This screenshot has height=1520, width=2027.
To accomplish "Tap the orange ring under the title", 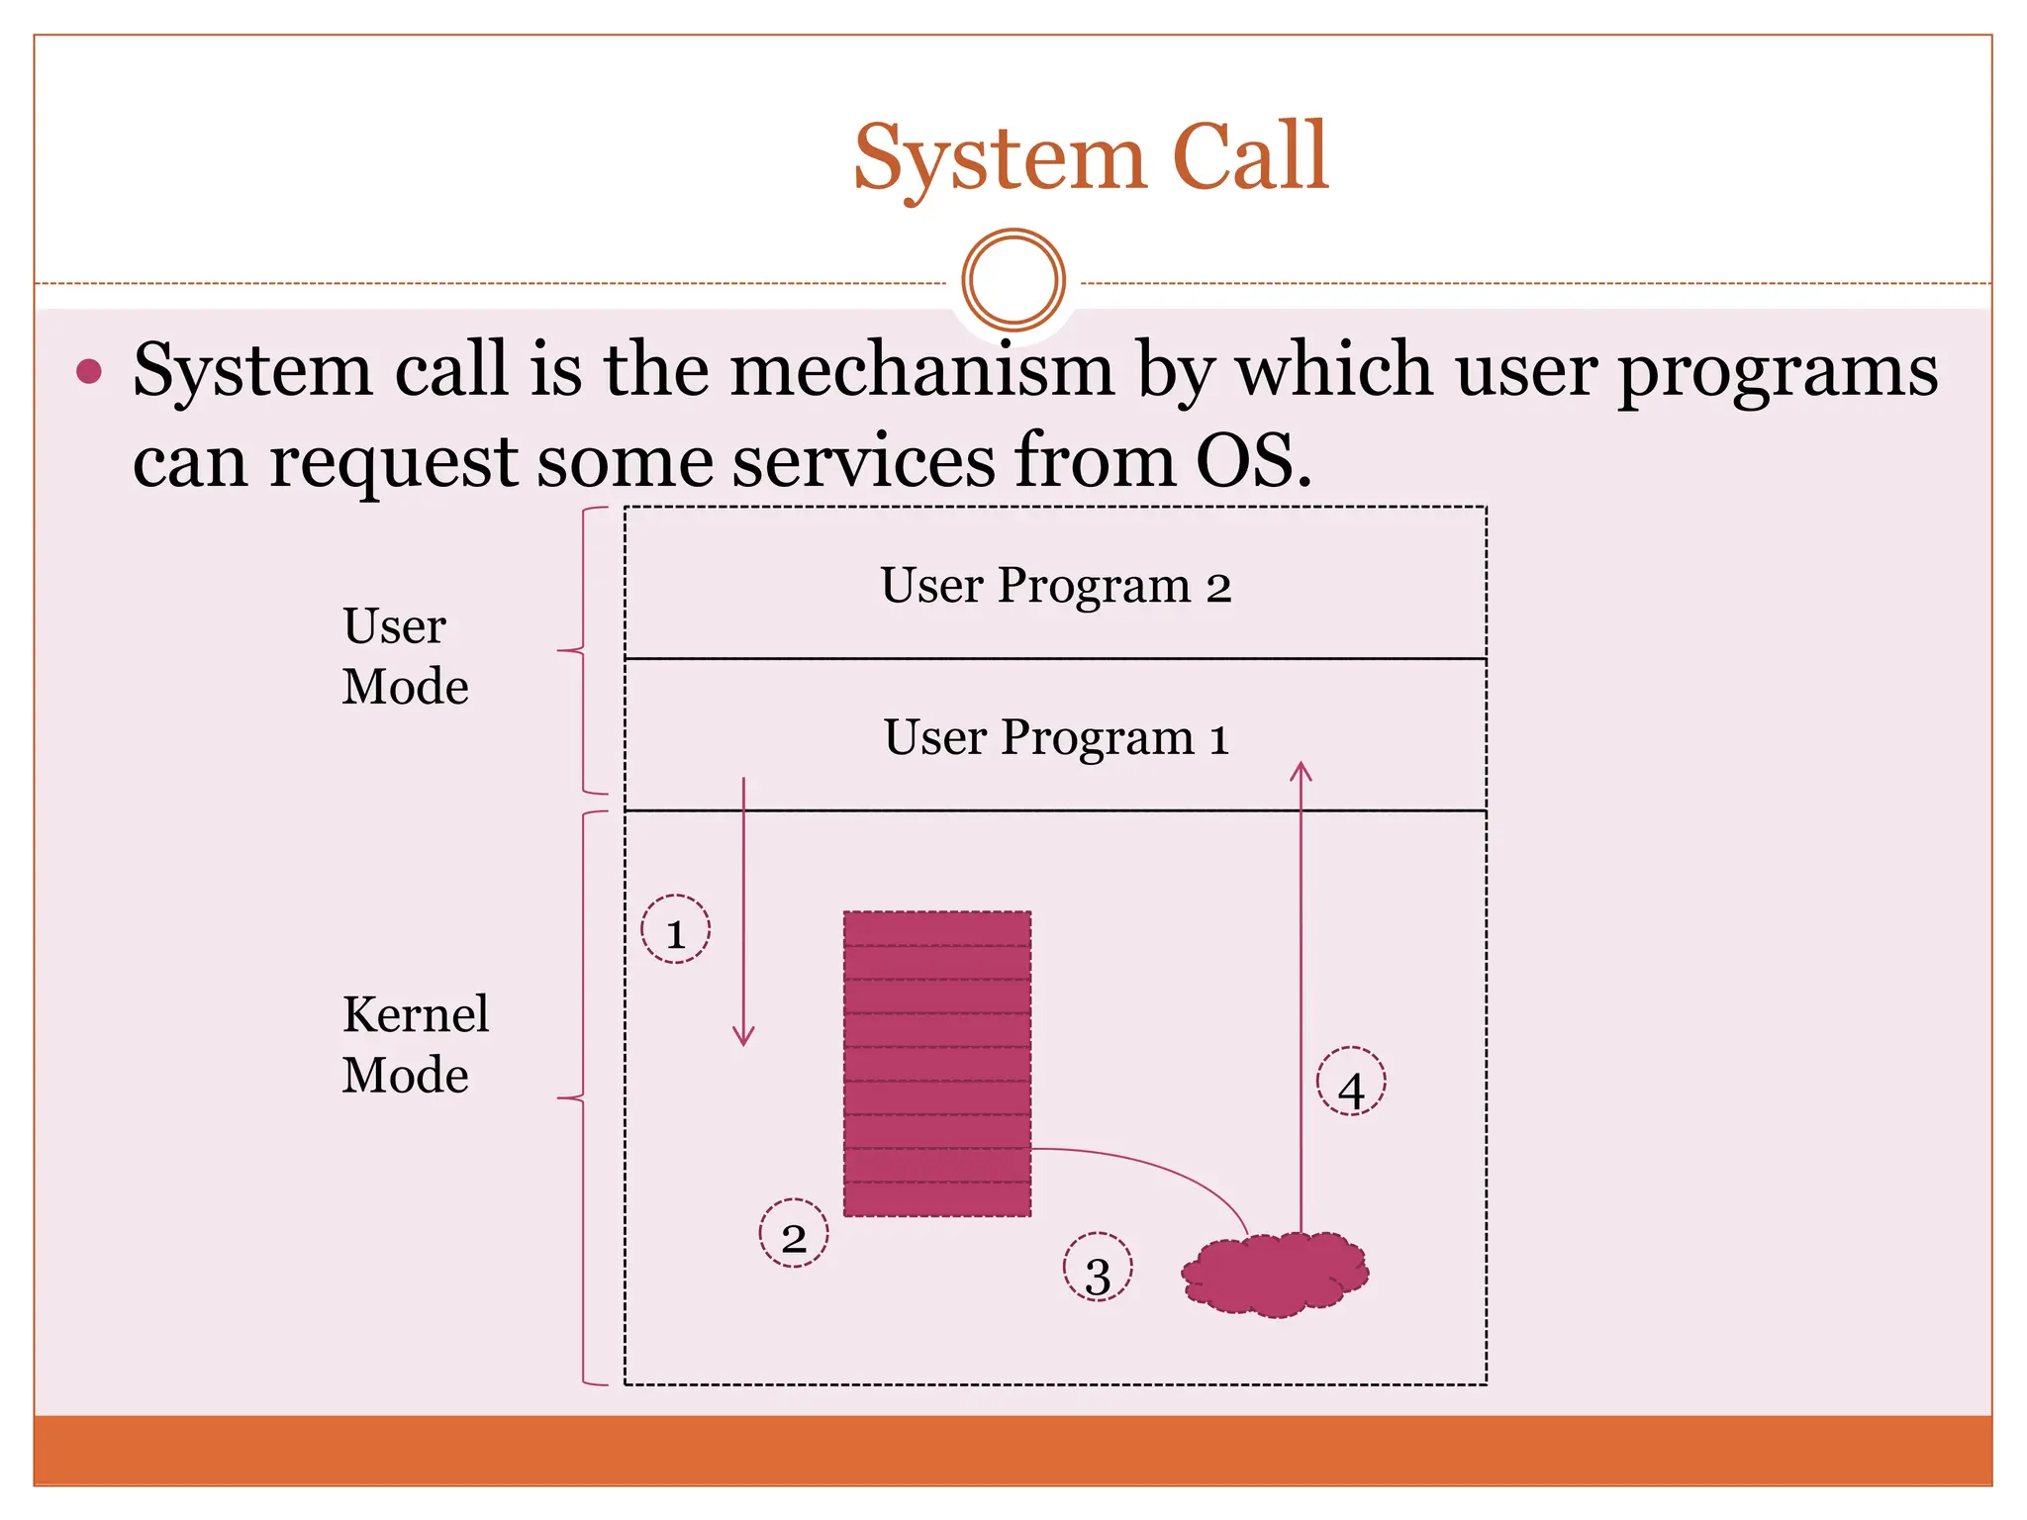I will [1013, 280].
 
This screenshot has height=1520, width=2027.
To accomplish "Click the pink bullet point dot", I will [89, 371].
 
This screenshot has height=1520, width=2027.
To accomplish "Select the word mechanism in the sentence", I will [921, 369].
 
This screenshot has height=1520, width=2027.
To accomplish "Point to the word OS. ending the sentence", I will [1253, 461].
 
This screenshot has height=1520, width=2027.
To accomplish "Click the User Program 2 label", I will [1055, 585].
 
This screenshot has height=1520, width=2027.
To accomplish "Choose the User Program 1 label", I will [1055, 737].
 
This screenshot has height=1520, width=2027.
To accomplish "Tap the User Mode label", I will [404, 655].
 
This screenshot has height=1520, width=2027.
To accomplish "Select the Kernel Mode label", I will [414, 1044].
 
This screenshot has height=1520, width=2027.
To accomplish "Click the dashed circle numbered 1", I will [675, 929].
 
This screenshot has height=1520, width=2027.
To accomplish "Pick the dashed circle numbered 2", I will [793, 1233].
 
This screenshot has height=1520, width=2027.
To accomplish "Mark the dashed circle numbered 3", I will [1097, 1267].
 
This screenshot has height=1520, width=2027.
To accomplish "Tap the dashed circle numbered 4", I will [1350, 1082].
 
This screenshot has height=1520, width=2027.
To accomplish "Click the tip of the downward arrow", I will [743, 1043].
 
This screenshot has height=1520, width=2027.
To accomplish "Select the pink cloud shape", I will [1274, 1275].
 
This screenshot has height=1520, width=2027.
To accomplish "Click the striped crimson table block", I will [936, 1064].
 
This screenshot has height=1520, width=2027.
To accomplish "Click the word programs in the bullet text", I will [1777, 369].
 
